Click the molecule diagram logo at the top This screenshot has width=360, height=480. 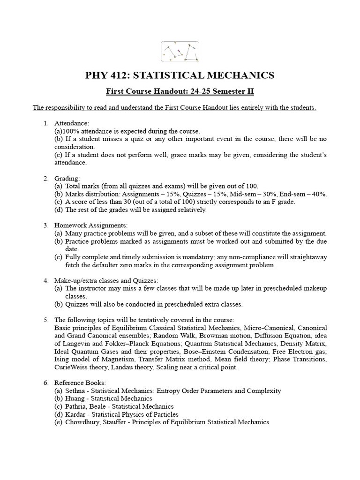coord(180,52)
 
